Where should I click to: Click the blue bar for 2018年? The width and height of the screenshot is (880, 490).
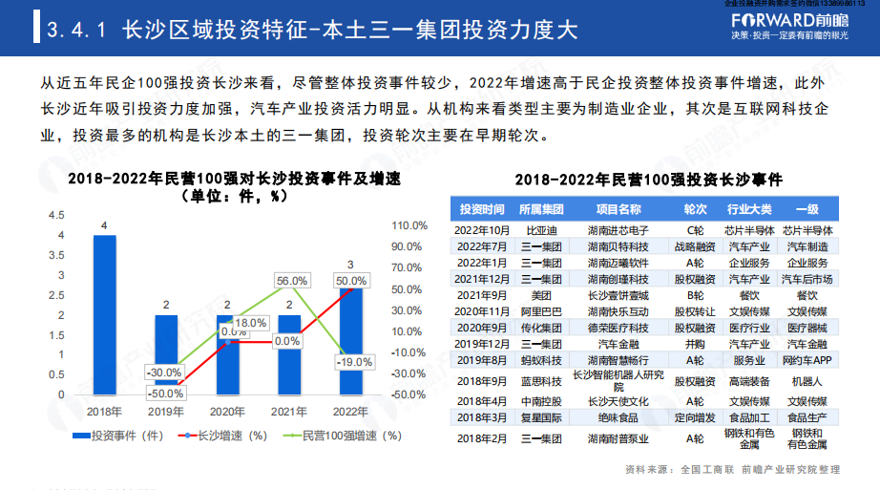click(105, 314)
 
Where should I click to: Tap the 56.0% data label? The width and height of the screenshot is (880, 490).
click(291, 281)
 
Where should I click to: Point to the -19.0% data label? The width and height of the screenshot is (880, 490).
click(354, 362)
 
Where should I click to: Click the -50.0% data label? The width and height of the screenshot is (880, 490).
click(166, 394)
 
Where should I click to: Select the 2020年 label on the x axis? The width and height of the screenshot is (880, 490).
click(227, 411)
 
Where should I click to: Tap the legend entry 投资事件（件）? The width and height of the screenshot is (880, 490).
click(126, 437)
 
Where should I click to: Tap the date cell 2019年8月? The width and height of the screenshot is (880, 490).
click(481, 359)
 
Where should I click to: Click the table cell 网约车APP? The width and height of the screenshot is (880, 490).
click(807, 359)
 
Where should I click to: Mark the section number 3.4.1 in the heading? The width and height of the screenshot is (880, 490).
click(76, 32)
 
